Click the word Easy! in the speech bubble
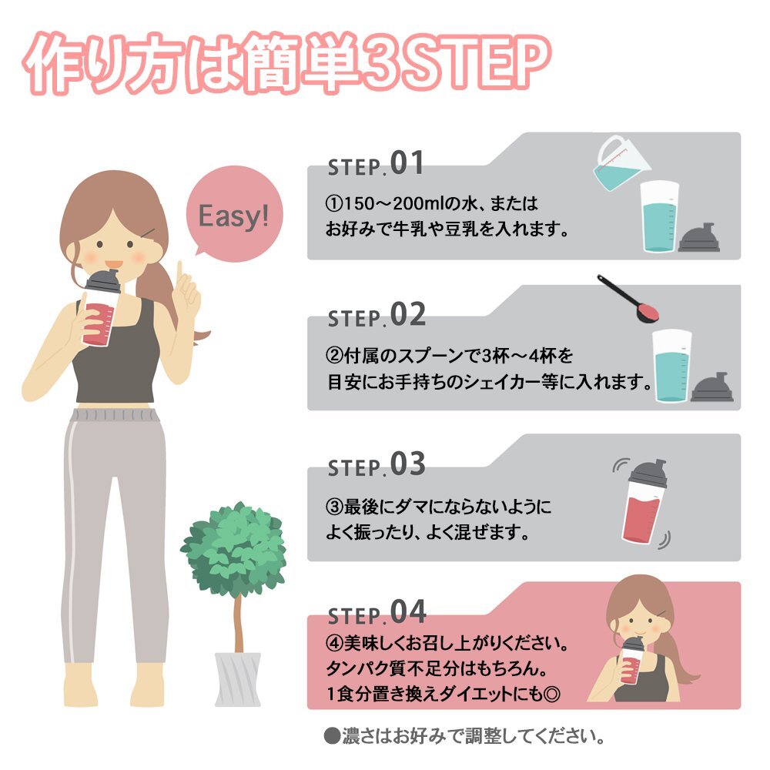pos(234,216)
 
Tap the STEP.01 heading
pos(375,163)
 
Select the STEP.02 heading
pos(377,314)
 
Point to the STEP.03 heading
pos(377,464)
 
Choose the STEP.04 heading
pos(377,612)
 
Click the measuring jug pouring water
pos(620,162)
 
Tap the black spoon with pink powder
pos(628,299)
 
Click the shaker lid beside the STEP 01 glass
pos(699,238)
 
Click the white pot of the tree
pos(238,679)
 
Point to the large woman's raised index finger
pos(179,273)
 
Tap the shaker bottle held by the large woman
pos(101,308)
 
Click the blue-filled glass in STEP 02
pos(671,366)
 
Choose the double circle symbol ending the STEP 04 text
pos(551,695)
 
